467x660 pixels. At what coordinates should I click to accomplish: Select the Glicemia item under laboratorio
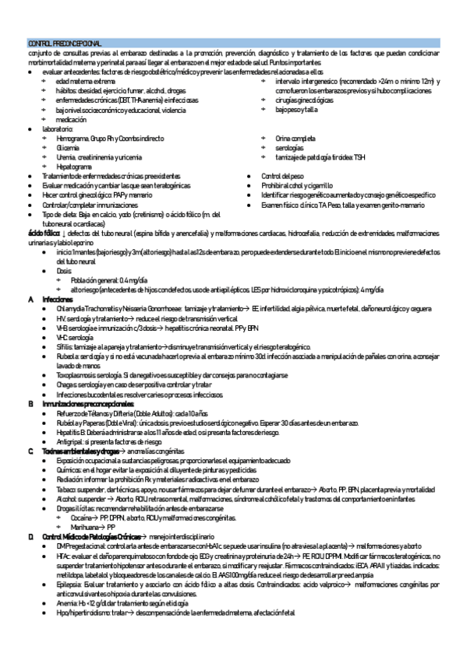click(67, 147)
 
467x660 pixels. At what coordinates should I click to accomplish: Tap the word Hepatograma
click(74, 167)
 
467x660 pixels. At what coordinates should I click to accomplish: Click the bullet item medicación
click(72, 119)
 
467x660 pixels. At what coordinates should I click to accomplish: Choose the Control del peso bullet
click(281, 177)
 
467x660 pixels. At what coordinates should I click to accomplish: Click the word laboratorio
click(61, 128)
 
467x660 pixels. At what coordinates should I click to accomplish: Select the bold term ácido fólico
click(44, 233)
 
